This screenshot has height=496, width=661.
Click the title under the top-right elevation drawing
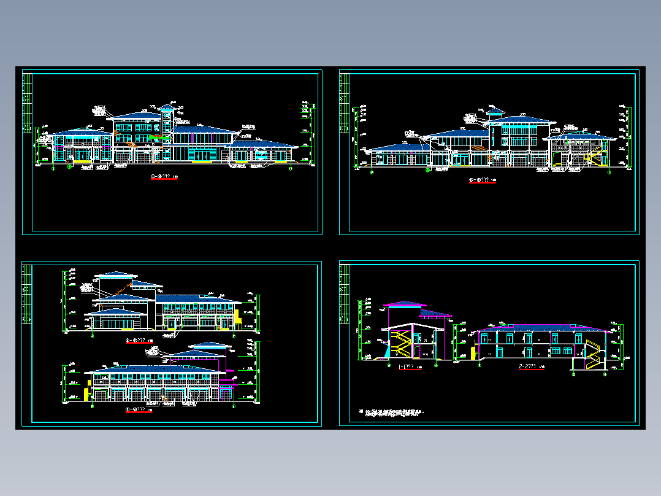(483, 180)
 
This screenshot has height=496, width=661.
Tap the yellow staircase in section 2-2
(592, 355)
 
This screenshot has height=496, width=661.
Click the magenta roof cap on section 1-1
(405, 304)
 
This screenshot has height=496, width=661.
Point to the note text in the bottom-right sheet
(392, 412)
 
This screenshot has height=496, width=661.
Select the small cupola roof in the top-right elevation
(495, 112)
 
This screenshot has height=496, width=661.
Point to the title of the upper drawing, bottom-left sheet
(138, 339)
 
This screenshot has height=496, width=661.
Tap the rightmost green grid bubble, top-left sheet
(291, 166)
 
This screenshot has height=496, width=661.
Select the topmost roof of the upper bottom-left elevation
(115, 274)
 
